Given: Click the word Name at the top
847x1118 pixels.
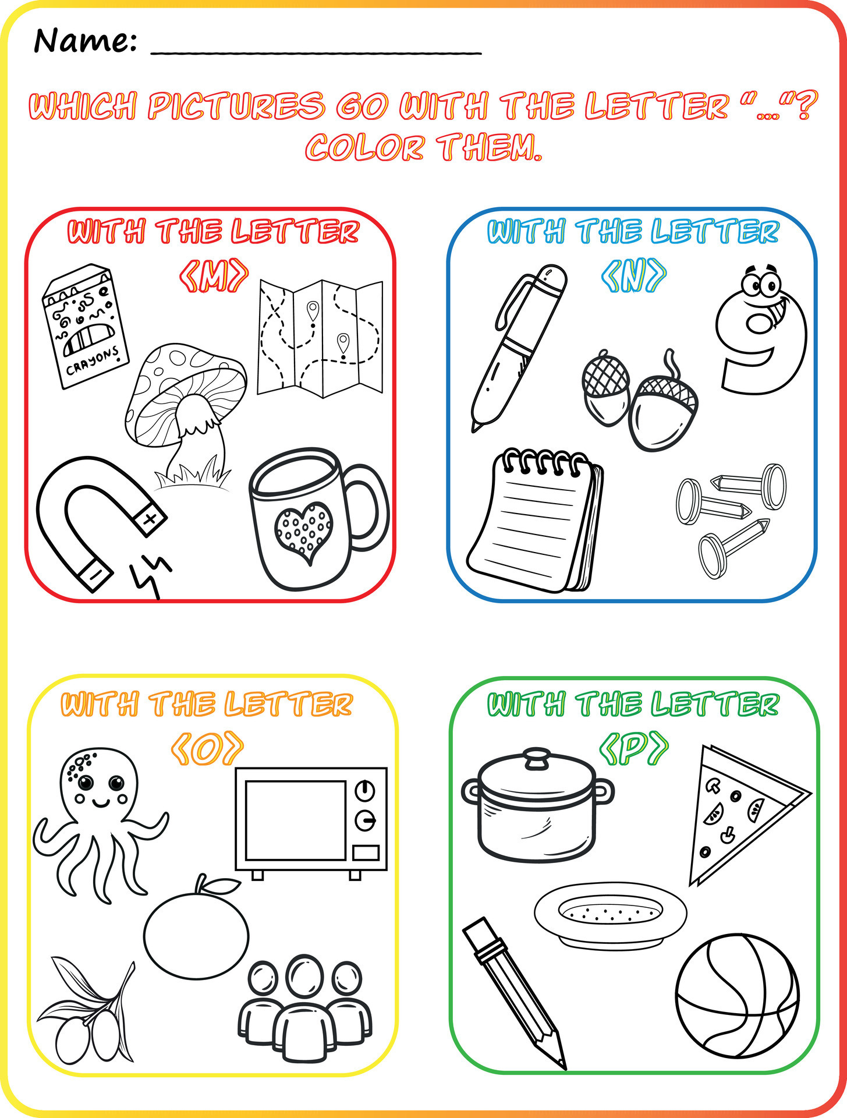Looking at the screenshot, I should point(84,41).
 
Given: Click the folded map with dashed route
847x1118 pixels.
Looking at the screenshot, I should point(320,338).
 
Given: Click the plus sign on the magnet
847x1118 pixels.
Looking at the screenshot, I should point(150,518).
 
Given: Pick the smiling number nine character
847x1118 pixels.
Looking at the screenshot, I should point(761,332).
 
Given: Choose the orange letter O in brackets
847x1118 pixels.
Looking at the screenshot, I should point(207,750).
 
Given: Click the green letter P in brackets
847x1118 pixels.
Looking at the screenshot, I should point(634,750).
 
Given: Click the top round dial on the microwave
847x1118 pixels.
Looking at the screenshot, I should point(364,791).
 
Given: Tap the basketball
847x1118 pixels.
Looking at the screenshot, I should point(737,996).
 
